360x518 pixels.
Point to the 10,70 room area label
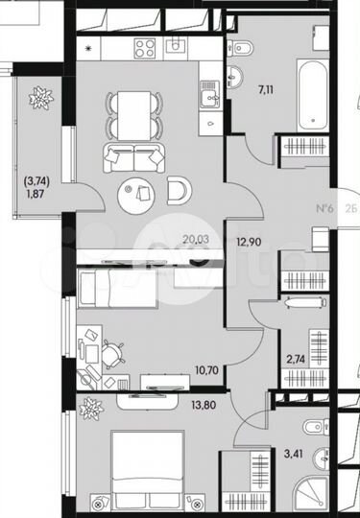coord(180,368)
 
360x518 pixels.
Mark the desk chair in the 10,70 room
coord(113,353)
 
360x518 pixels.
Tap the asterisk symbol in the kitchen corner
coord(88,46)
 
